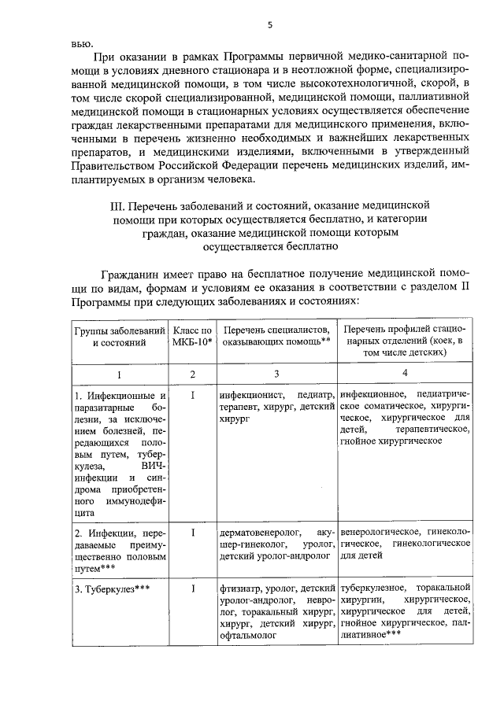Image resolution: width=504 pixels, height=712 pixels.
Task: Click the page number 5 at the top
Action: pos(269,24)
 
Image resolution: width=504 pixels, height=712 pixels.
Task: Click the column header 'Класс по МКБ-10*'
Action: pos(192,336)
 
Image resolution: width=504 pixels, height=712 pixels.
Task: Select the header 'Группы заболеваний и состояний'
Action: pos(118,336)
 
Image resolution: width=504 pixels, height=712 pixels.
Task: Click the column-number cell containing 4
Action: pos(405,373)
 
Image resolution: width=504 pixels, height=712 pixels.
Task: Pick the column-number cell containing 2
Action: pos(192,374)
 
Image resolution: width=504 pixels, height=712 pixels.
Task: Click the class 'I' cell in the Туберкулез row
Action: pos(192,588)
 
